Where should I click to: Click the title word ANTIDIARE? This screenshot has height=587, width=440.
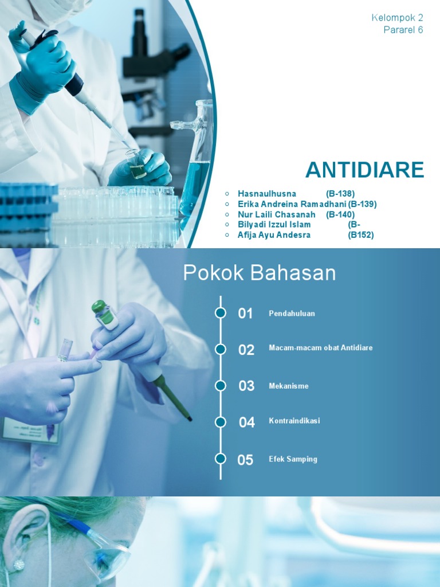click(364, 170)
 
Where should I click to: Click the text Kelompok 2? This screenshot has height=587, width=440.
click(397, 18)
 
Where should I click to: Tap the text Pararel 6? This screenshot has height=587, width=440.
click(403, 30)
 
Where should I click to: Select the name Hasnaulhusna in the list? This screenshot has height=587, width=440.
click(267, 194)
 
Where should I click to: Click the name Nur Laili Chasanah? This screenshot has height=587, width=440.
click(277, 214)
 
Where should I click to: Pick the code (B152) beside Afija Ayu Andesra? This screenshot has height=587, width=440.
click(361, 235)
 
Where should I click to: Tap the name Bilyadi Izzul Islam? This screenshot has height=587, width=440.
click(274, 225)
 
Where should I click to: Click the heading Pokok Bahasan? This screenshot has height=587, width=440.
click(260, 273)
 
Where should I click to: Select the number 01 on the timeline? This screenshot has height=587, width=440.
click(245, 314)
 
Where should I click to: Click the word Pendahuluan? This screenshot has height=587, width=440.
click(292, 314)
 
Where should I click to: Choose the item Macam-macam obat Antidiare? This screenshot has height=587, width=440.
click(321, 348)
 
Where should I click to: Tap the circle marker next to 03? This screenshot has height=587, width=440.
click(221, 385)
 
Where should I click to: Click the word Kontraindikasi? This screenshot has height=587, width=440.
click(294, 421)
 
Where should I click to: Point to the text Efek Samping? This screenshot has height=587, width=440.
click(293, 459)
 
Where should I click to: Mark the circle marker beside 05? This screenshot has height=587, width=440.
click(221, 459)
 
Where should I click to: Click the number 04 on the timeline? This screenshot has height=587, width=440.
click(246, 422)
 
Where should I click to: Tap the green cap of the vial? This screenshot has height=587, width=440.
click(99, 307)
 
